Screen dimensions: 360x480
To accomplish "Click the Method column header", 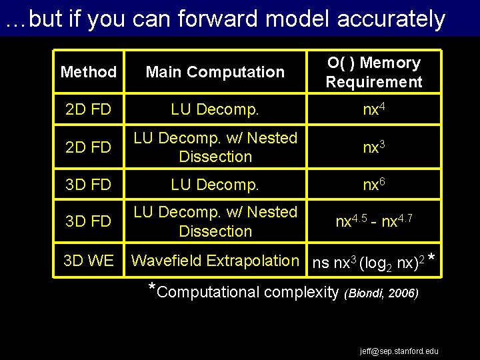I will (88, 72).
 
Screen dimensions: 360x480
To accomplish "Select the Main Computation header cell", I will (215, 72).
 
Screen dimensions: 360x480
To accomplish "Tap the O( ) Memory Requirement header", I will (373, 73).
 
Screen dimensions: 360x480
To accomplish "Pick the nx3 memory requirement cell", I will (373, 147).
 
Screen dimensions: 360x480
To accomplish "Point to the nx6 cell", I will (373, 184).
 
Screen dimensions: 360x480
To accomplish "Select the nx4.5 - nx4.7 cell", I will (373, 221).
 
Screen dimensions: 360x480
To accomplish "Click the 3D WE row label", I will (88, 261).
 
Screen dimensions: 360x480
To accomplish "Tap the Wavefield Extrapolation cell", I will (215, 261).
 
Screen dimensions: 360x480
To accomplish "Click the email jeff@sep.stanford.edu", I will (399, 351).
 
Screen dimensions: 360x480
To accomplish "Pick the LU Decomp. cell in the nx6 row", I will (215, 184).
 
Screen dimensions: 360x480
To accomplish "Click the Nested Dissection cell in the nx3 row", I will (215, 147).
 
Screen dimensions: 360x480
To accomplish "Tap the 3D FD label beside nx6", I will (88, 184).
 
